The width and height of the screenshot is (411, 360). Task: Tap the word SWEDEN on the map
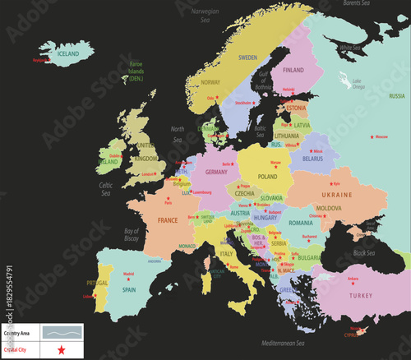[247, 58]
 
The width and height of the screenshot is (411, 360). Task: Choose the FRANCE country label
[168, 220]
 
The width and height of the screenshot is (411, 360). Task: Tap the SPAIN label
[129, 289]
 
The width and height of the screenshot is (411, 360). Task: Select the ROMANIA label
[301, 223]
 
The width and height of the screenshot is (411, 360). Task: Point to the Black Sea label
[364, 253]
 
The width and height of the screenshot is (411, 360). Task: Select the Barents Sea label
[358, 4]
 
